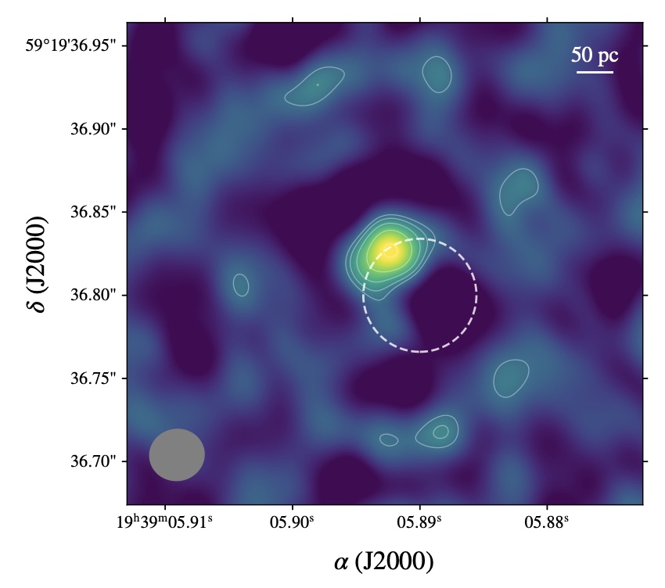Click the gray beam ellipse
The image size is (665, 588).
(177, 454)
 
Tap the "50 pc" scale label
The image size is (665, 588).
(595, 56)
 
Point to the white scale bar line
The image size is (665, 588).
(595, 72)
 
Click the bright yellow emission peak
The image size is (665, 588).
(389, 251)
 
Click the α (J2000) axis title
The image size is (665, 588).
(383, 561)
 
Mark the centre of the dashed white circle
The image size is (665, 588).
(420, 295)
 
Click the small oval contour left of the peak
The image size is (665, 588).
(241, 285)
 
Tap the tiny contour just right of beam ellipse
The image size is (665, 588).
(389, 440)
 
